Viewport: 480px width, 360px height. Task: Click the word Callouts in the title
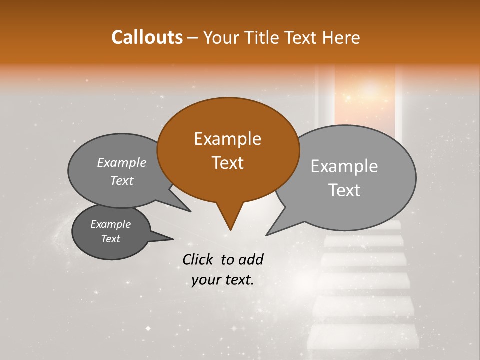tap(147, 37)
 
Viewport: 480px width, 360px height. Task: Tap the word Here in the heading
tap(341, 37)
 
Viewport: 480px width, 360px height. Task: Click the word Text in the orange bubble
tap(227, 163)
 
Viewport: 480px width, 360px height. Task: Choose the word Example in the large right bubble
tap(344, 166)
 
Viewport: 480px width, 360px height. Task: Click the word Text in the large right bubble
tap(345, 190)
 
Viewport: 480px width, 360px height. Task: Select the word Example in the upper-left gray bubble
tap(121, 162)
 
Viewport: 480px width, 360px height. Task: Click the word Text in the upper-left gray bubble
tap(121, 180)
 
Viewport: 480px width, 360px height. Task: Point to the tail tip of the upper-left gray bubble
tap(190, 211)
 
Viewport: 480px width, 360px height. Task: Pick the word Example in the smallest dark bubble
tap(110, 224)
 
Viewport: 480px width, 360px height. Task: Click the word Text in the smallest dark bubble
tap(110, 239)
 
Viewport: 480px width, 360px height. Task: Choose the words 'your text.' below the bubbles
tap(223, 280)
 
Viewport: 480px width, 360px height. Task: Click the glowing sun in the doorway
tap(370, 90)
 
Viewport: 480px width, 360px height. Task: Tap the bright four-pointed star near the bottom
tap(148, 328)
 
